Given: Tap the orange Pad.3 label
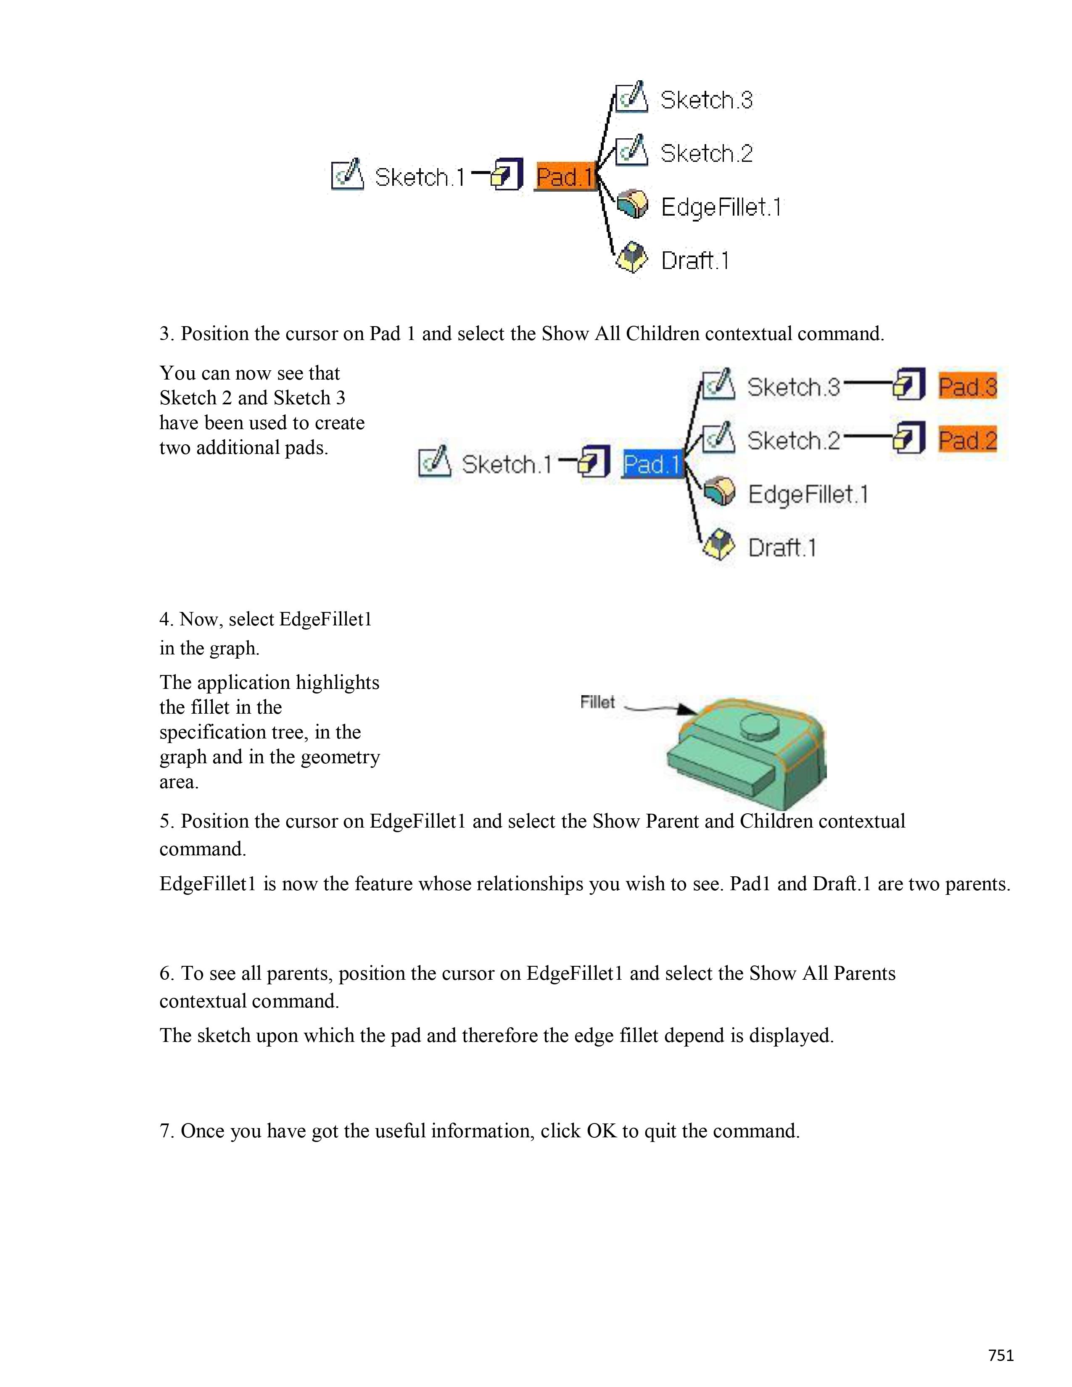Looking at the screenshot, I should (x=967, y=386).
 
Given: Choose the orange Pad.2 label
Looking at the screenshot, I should (x=967, y=440).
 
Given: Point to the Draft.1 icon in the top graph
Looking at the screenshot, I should (x=631, y=258).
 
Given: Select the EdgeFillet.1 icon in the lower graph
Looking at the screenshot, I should (x=719, y=492).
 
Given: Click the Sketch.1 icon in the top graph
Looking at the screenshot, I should (x=347, y=175).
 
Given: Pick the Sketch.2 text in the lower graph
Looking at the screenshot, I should (x=793, y=440).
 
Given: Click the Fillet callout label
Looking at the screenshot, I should (x=597, y=702).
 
